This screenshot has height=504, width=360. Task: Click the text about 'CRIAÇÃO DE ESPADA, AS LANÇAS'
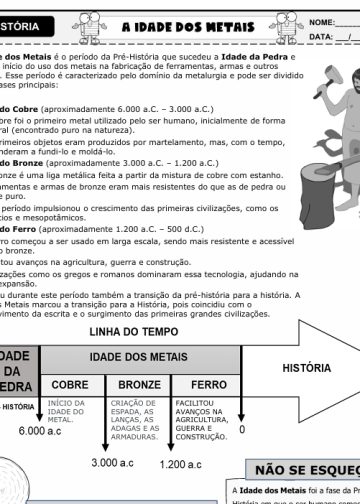point(139,418)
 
